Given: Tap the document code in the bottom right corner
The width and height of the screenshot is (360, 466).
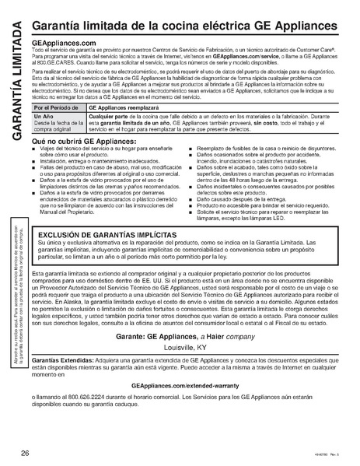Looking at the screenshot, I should (x=335, y=456).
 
